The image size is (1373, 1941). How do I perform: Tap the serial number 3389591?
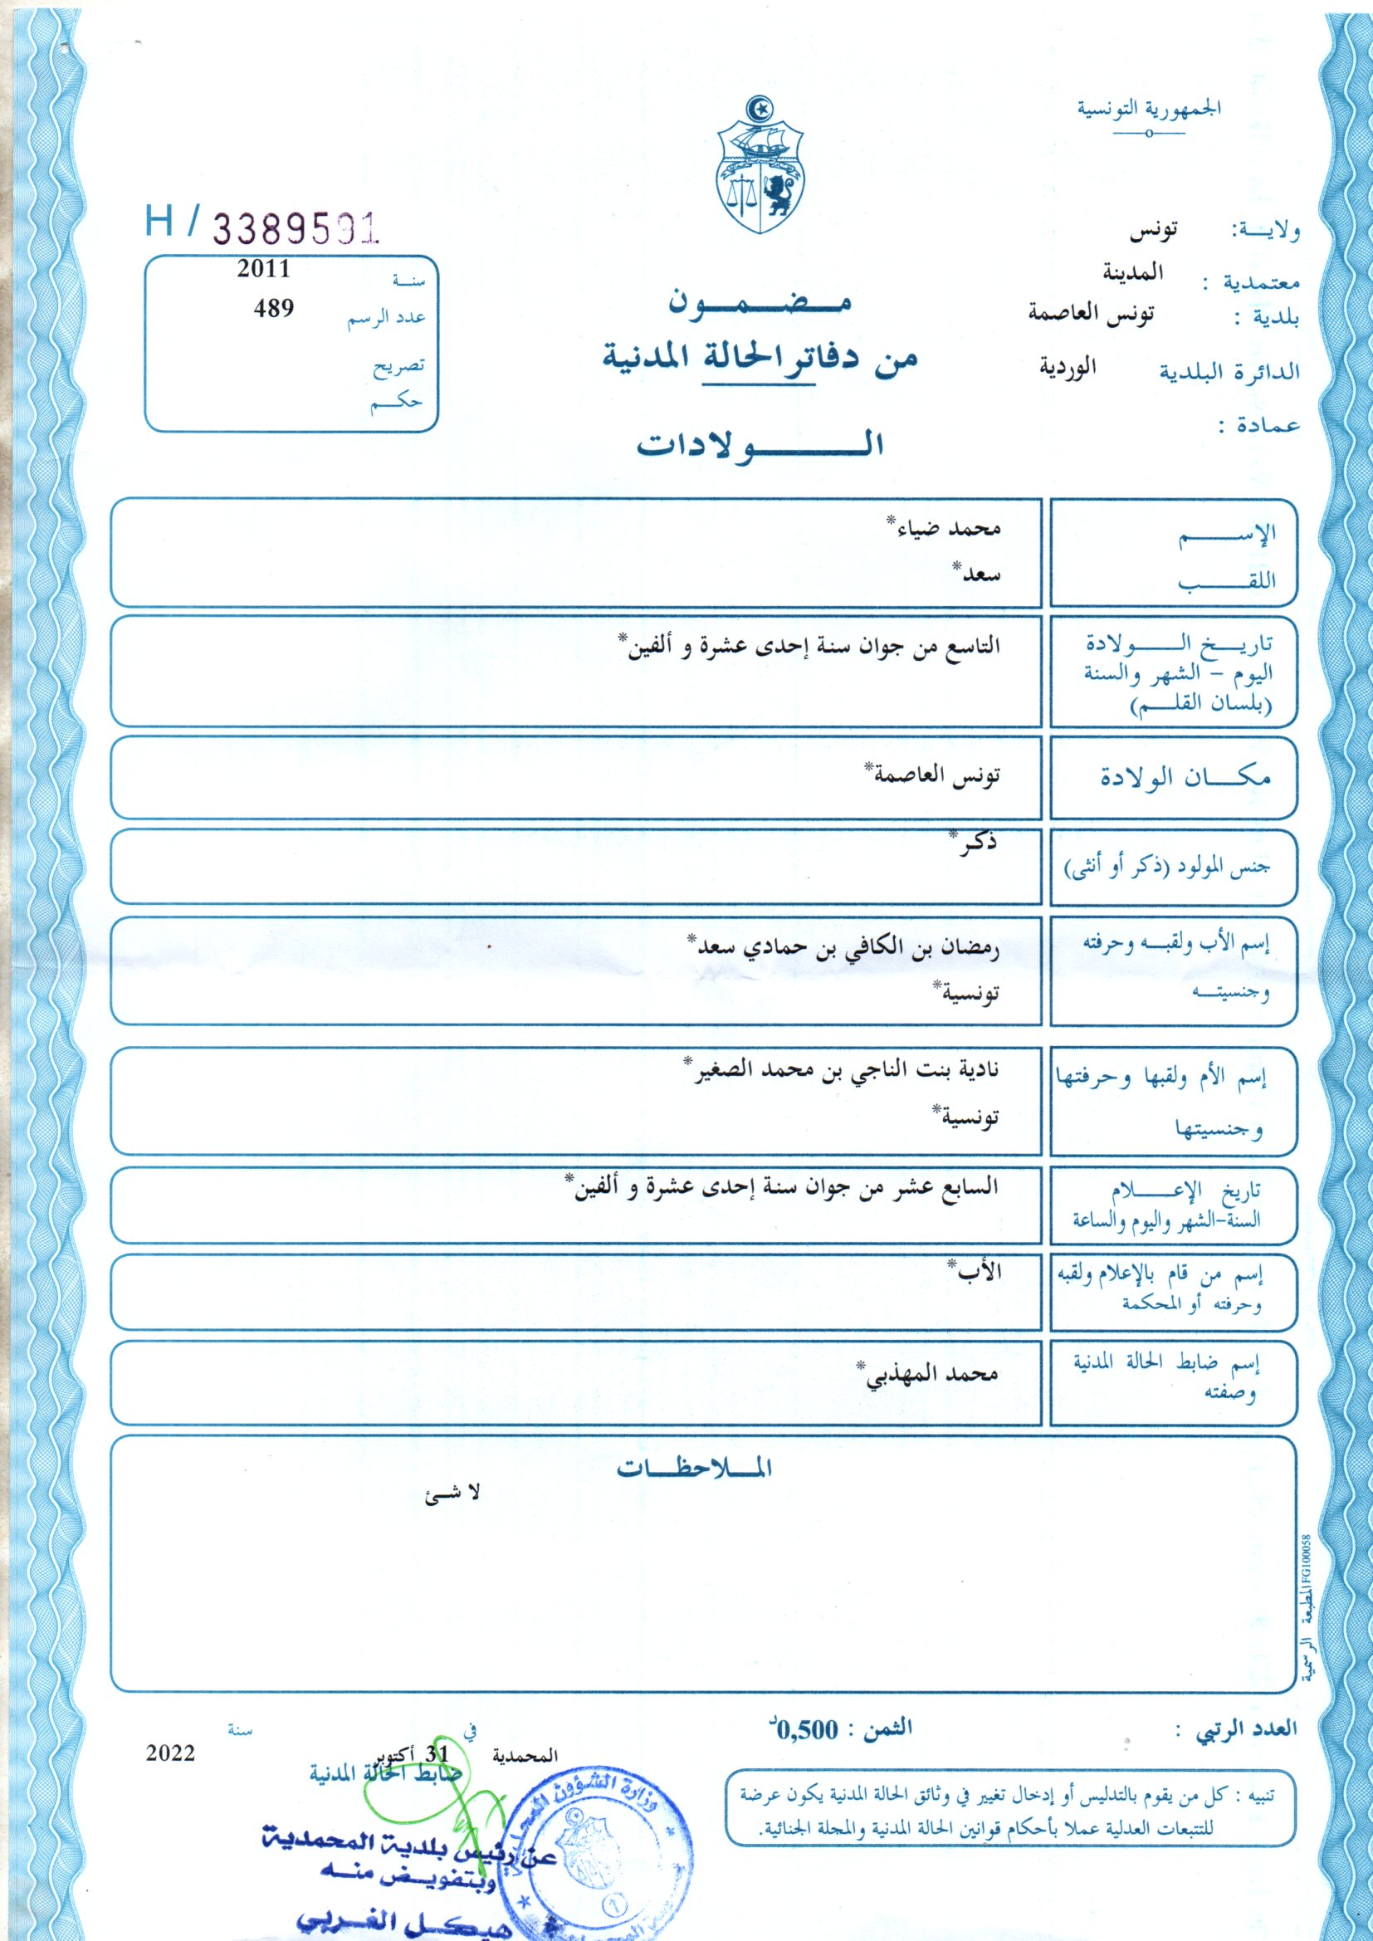(x=294, y=227)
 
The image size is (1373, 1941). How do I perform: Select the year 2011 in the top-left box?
(x=264, y=269)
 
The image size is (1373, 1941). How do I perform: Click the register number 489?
(x=274, y=309)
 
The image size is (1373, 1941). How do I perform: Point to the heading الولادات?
(x=760, y=445)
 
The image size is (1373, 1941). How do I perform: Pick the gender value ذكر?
(x=975, y=843)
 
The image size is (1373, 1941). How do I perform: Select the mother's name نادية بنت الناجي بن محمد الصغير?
(x=845, y=1069)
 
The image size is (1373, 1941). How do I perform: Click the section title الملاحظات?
(x=693, y=1468)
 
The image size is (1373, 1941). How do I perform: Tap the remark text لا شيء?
(x=452, y=1493)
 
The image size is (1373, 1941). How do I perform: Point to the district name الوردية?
(x=1067, y=368)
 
